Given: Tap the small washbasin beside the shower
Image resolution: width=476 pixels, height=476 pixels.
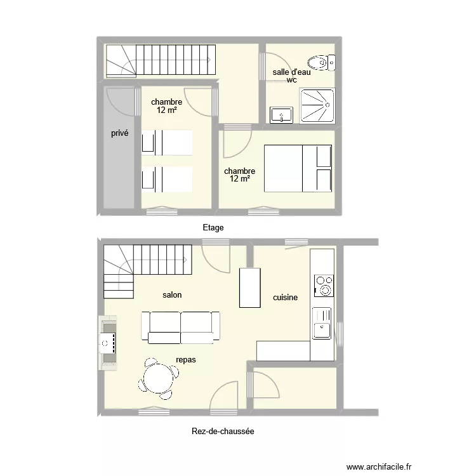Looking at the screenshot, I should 281,115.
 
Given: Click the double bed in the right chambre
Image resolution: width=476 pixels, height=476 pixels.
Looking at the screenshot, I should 298,168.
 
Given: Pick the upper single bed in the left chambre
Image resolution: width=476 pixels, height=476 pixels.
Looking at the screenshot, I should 167,142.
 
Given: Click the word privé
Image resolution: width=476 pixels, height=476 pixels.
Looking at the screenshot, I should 119,133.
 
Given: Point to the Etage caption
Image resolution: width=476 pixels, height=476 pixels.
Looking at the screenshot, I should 213,227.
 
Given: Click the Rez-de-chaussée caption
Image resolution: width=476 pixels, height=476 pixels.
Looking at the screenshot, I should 223,432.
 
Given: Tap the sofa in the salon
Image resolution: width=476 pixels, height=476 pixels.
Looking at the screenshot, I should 181,327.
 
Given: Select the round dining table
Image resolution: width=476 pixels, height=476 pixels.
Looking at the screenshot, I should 157,380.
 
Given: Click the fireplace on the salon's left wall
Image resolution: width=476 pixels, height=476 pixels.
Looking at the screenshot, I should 107,343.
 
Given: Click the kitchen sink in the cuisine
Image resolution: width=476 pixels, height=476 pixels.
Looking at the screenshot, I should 322,322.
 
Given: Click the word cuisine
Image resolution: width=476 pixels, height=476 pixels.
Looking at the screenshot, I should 285,297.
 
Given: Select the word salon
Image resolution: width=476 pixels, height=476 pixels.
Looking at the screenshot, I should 172,295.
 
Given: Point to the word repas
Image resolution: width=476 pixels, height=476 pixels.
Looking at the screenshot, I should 186,360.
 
